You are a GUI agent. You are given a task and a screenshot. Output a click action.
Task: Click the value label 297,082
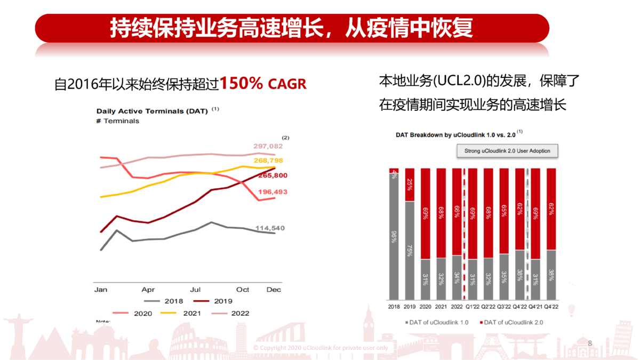click(x=268, y=146)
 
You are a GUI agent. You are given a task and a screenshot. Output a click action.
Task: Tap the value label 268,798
click(x=268, y=161)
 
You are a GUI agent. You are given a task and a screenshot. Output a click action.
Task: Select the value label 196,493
click(x=273, y=192)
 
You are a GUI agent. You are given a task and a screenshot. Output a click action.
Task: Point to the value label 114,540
click(x=270, y=228)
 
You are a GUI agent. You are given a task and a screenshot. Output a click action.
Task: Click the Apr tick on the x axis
click(x=148, y=290)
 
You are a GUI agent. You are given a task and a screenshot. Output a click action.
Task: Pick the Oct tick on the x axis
click(x=243, y=290)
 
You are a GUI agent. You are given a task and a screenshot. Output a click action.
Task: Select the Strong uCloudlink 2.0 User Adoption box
click(x=507, y=151)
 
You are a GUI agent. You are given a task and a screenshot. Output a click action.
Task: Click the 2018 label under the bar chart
click(x=394, y=307)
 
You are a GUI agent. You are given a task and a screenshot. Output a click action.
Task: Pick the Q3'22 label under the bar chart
click(x=505, y=307)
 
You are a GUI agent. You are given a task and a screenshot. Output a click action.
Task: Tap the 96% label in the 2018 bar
click(x=394, y=236)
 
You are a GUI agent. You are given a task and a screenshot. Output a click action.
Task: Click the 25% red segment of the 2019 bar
click(x=410, y=185)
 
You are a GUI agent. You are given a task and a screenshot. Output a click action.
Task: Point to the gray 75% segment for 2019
click(x=410, y=251)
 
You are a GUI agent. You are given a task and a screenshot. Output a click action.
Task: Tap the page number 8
click(x=590, y=343)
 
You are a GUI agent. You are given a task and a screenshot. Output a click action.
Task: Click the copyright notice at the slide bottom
click(x=321, y=348)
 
